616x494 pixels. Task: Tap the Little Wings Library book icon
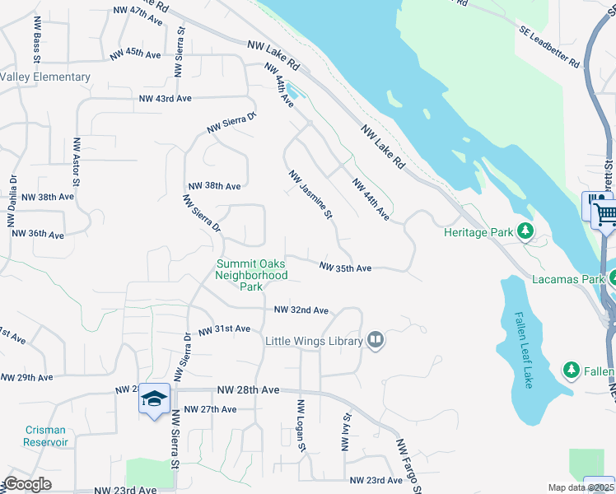(x=376, y=340)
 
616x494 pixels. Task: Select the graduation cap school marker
(x=154, y=399)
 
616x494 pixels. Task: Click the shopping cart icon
(x=606, y=214)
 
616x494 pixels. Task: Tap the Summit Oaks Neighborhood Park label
(x=251, y=276)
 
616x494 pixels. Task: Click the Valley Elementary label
(x=45, y=77)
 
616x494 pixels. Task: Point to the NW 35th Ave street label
(x=345, y=268)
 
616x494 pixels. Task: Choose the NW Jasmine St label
(x=310, y=195)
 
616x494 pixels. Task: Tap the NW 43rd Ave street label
(x=165, y=98)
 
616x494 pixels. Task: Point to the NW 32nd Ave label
(x=301, y=310)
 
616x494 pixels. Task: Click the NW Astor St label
(x=76, y=161)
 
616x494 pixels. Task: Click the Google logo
(x=28, y=484)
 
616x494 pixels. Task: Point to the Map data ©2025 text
(x=581, y=487)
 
